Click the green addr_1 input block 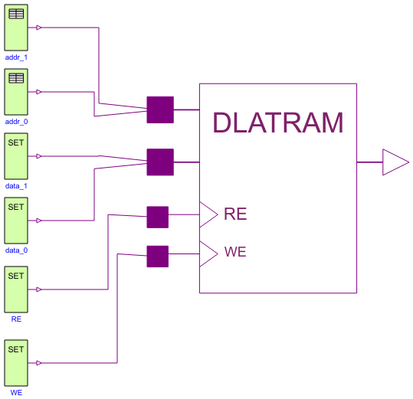tap(16, 28)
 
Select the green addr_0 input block tap(16, 92)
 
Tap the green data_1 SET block tap(16, 156)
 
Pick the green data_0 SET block tap(16, 221)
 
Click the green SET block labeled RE tap(16, 289)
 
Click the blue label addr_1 tap(16, 57)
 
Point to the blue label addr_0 tap(16, 122)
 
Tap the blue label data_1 tap(16, 186)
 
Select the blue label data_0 tap(16, 250)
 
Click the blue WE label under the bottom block tap(16, 393)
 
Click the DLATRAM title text tap(277, 123)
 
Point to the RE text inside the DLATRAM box tap(235, 214)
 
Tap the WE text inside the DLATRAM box tap(235, 252)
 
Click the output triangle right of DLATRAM tap(394, 162)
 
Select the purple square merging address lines tap(160, 110)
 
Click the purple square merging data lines tap(160, 162)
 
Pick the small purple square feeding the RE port tap(157, 217)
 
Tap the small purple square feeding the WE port tap(157, 257)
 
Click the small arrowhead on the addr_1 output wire tap(39, 28)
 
